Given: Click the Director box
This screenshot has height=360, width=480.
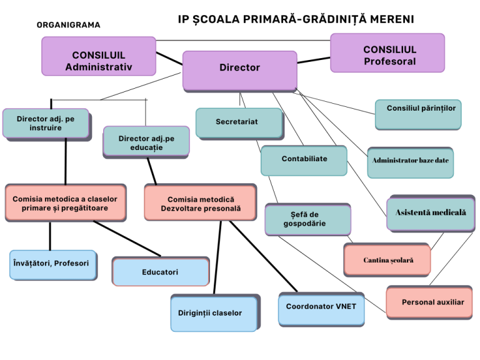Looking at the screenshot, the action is point(240,71).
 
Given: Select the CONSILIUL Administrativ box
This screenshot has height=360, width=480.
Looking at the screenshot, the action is point(99,56).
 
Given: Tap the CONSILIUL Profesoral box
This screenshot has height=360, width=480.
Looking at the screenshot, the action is point(387,53).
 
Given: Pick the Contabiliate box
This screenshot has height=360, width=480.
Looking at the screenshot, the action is point(304,161).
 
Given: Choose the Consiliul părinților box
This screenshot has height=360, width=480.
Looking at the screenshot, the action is point(418,114).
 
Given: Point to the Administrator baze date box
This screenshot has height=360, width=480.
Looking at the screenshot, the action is point(411,162).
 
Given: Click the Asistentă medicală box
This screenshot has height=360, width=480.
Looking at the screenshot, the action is point(431,213).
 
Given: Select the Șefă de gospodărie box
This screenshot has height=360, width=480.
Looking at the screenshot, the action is point(308,219).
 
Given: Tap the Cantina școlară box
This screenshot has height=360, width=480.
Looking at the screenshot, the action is point(387,260).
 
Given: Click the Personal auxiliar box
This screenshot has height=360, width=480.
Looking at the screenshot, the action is point(429,302).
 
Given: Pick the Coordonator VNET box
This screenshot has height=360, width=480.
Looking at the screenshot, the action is point(321,309).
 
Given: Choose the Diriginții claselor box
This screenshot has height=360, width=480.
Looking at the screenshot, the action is point(215,313).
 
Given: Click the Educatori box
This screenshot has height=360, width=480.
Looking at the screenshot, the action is point(161,271).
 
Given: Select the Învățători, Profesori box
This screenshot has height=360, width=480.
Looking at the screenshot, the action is point(53,265).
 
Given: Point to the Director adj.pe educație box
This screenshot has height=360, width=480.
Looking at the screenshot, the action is point(146,142).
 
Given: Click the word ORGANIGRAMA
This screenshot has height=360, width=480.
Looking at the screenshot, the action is point(69,25).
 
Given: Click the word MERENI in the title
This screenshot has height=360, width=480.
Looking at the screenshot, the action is point(392,19).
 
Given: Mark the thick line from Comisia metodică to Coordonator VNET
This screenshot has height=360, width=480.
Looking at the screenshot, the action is point(263,256).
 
